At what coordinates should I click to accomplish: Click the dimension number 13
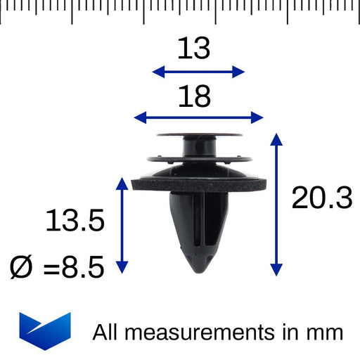[194, 48]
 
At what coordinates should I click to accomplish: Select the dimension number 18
[194, 96]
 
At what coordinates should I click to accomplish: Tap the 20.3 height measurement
[322, 198]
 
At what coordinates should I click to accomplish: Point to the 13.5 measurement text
[75, 220]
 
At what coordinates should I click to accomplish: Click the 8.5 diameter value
[83, 267]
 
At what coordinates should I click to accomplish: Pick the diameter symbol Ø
[20, 267]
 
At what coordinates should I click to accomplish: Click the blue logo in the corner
[45, 331]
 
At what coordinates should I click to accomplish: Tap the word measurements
[200, 332]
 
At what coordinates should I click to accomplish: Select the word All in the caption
[105, 332]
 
